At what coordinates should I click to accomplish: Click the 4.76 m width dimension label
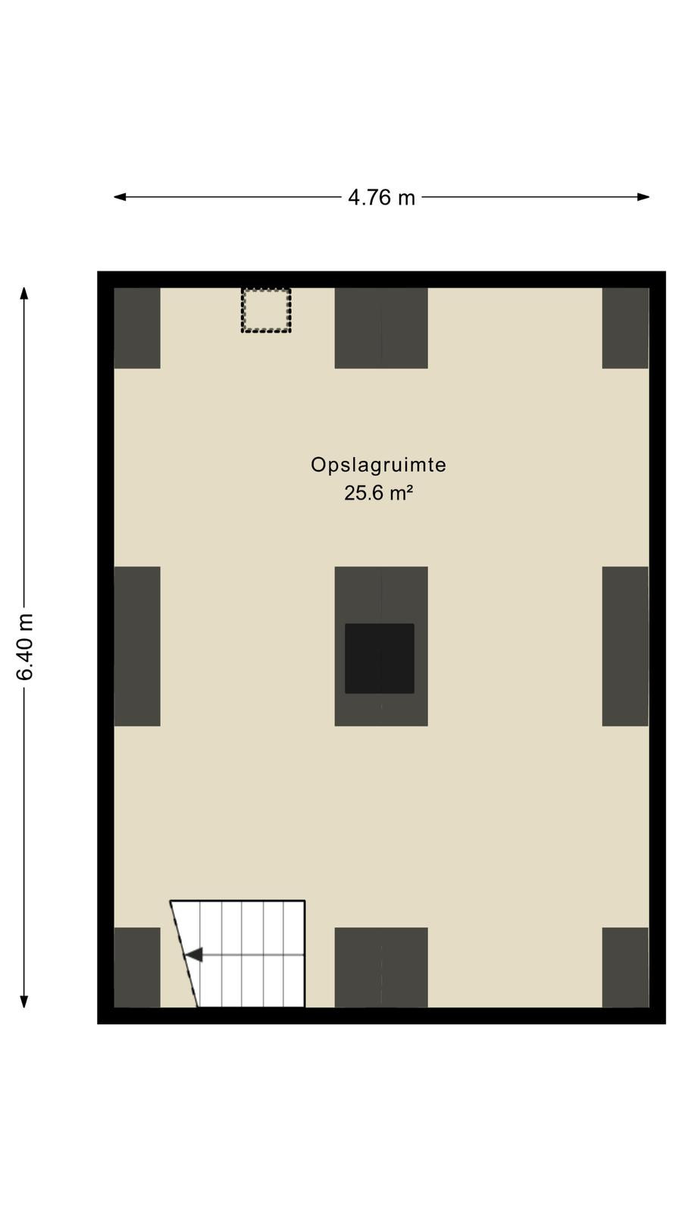tap(381, 197)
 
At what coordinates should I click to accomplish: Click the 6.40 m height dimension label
tap(25, 647)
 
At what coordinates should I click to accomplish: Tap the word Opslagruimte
tap(378, 465)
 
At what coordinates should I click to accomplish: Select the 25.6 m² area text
tap(378, 493)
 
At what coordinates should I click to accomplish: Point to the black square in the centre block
tap(380, 659)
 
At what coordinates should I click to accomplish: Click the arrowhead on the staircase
tap(194, 954)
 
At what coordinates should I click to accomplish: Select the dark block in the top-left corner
tap(137, 328)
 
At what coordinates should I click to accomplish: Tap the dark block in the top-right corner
tap(625, 328)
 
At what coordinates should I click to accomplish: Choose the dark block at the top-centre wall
tap(381, 328)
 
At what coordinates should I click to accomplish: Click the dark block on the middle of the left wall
tap(137, 646)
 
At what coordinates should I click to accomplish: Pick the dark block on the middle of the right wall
tap(625, 646)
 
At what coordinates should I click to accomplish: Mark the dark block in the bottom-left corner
tap(137, 967)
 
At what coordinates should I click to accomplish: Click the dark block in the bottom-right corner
tap(625, 967)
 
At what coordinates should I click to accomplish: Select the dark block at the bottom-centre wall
tap(381, 967)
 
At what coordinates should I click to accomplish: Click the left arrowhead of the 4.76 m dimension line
tap(120, 197)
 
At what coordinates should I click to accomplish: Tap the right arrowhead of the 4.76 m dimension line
tap(643, 197)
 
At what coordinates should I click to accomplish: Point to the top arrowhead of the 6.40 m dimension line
tap(23, 293)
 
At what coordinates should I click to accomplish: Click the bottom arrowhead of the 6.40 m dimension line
tap(23, 1001)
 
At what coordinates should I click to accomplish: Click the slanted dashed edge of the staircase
tap(184, 954)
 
